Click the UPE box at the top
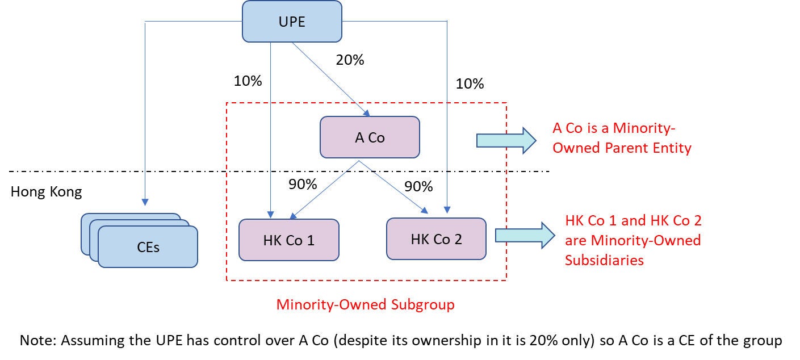tap(292, 22)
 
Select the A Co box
tap(370, 137)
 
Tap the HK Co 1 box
tap(288, 240)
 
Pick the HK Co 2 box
tap(436, 238)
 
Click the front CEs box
tap(148, 247)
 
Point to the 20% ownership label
tap(350, 60)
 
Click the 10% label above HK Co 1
tap(248, 81)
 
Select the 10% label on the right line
tap(470, 84)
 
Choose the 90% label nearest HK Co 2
tap(418, 187)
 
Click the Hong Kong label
tap(46, 192)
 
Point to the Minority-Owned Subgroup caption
tap(365, 304)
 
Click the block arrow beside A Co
tap(505, 139)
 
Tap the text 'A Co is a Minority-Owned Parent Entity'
tap(622, 138)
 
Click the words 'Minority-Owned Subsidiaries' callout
tap(633, 240)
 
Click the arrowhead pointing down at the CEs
tap(145, 202)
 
